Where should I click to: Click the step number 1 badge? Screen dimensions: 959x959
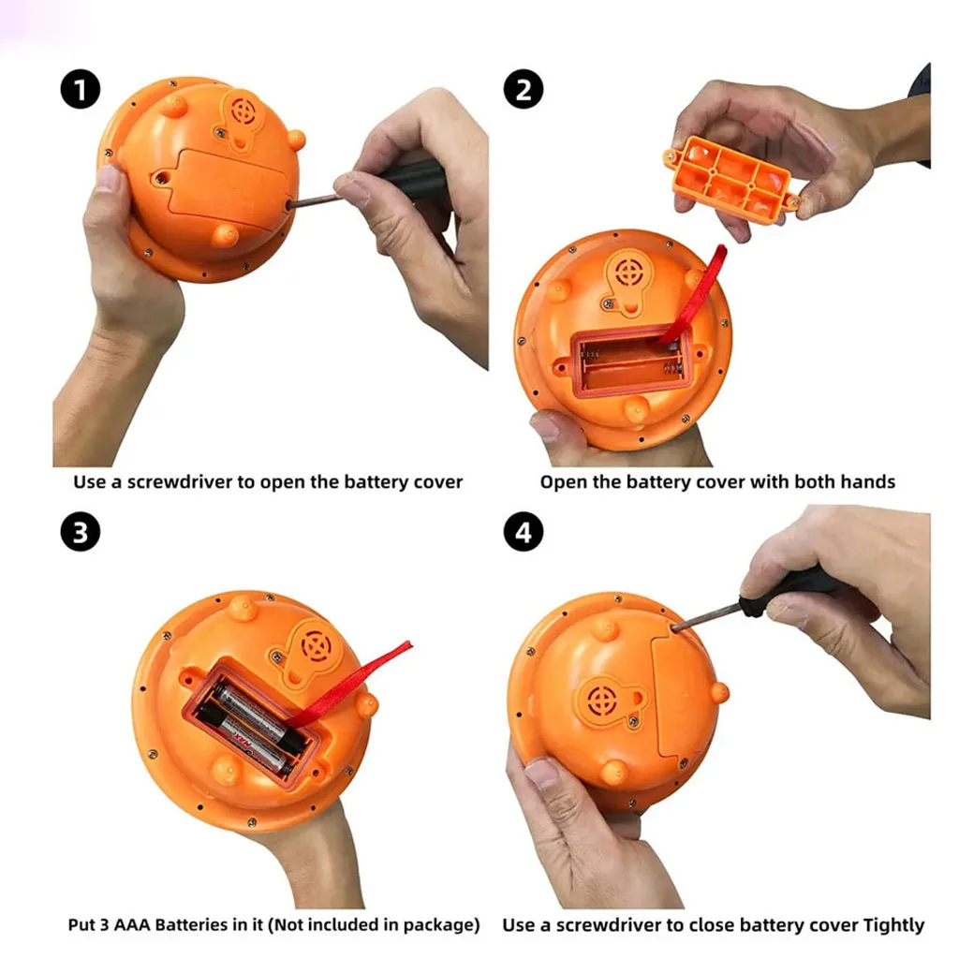(81, 89)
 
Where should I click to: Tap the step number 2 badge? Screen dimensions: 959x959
(523, 89)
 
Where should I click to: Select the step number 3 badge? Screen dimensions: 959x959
(81, 532)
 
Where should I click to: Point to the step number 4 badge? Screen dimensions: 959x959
(523, 532)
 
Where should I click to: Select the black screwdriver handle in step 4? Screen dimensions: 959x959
(789, 588)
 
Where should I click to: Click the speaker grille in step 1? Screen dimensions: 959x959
(243, 111)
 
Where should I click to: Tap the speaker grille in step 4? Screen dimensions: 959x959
(601, 699)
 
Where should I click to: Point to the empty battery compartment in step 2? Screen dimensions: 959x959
(630, 361)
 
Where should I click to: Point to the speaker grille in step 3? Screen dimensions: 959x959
(316, 647)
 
